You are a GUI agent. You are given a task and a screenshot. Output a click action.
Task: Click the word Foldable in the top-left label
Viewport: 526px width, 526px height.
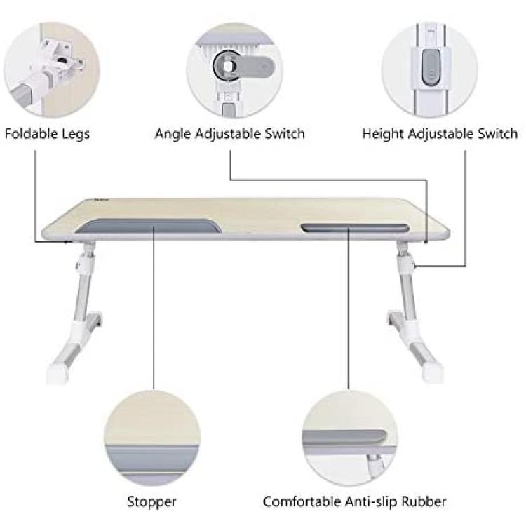tap(29, 133)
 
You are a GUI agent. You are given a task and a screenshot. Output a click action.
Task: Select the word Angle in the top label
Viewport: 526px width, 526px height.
tap(173, 135)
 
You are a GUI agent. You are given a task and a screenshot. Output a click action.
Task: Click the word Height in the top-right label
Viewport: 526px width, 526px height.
tap(383, 135)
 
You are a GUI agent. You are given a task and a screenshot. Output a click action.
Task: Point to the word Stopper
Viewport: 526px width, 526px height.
tap(151, 502)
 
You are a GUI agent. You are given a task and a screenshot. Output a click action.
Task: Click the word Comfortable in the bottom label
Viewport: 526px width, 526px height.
tap(302, 501)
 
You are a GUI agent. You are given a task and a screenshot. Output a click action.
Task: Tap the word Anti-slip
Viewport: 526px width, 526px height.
tap(371, 502)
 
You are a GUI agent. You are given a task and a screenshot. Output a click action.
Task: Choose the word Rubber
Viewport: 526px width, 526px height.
tap(424, 501)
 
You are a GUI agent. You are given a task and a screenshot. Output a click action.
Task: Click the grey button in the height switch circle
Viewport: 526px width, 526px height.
tap(431, 67)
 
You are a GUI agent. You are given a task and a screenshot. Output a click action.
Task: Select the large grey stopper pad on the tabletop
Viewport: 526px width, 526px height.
tap(147, 226)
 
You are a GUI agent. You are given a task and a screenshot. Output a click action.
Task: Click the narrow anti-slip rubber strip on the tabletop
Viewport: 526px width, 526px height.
tap(355, 228)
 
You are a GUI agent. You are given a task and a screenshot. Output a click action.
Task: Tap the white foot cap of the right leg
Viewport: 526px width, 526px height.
tap(433, 372)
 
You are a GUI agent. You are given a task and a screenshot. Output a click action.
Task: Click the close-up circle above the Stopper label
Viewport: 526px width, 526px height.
tap(153, 438)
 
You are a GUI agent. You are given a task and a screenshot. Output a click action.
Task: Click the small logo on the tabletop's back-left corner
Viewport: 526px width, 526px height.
tap(101, 201)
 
